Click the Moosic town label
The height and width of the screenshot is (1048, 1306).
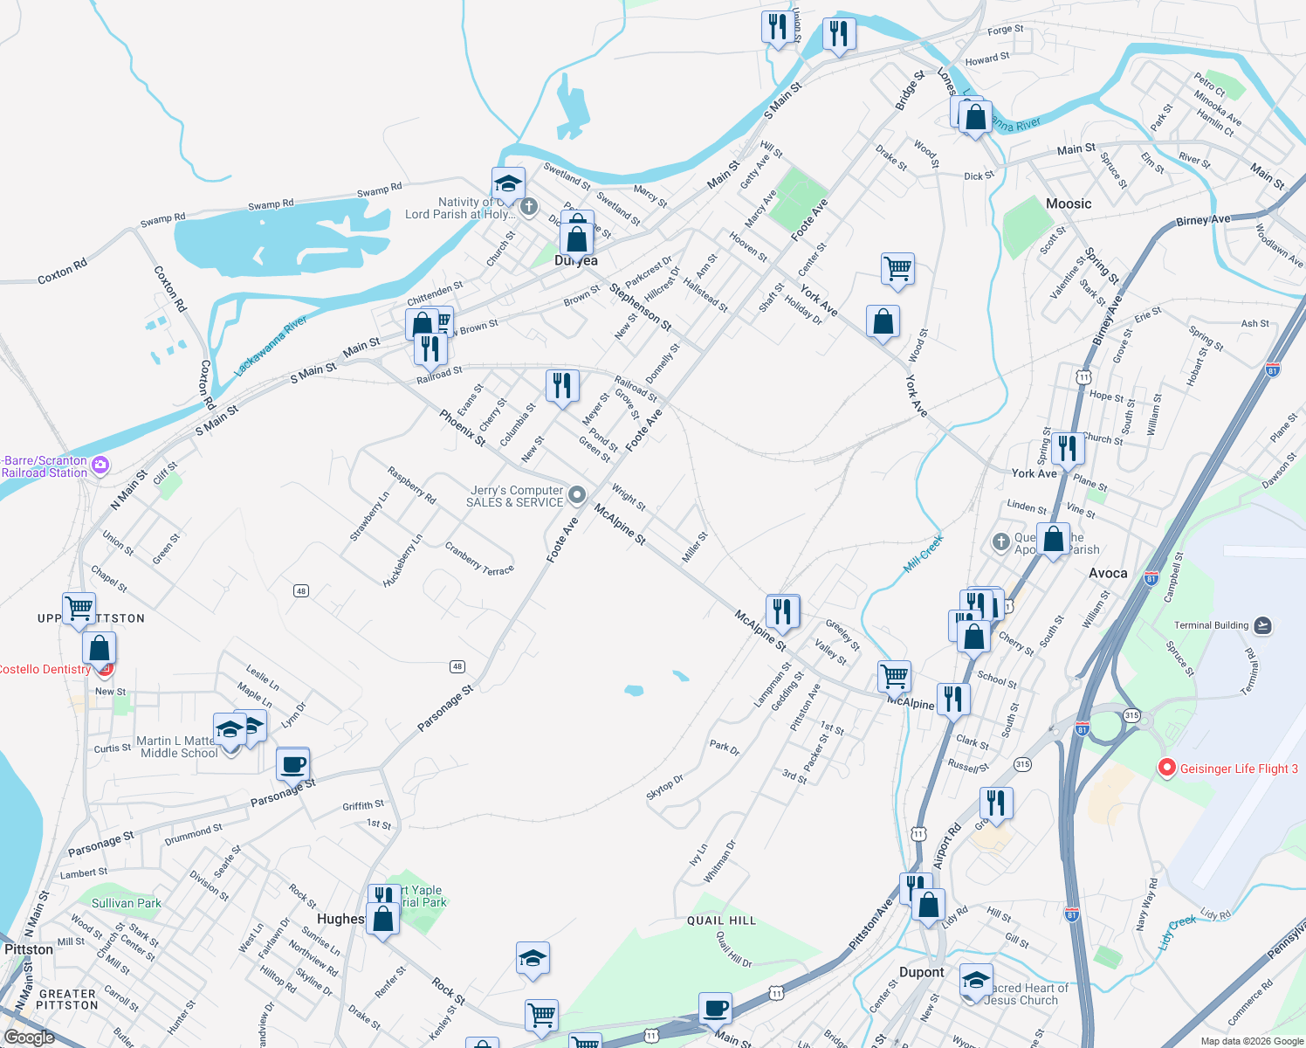tap(1069, 203)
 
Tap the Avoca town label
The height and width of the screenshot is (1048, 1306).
tap(1108, 573)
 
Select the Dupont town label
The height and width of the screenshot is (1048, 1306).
tap(921, 972)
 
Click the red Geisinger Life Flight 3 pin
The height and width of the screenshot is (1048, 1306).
tap(1166, 769)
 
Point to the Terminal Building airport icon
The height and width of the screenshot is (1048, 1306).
tap(1262, 625)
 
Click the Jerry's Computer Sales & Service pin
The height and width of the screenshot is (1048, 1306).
tap(576, 495)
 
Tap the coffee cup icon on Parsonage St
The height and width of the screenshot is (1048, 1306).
tap(293, 764)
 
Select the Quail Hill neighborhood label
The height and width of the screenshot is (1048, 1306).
tap(721, 920)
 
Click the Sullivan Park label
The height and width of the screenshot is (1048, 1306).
tap(127, 903)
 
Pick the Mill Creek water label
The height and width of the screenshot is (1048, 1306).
tap(923, 555)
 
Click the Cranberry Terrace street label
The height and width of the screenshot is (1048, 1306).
tap(479, 559)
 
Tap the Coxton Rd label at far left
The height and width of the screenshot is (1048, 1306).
tap(62, 272)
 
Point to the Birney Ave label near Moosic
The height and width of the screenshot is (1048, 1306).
tap(1203, 221)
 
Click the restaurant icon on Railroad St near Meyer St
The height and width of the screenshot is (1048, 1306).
tap(562, 385)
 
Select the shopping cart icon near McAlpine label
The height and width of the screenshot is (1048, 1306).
tap(894, 676)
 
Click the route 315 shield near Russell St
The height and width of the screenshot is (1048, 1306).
tap(1022, 764)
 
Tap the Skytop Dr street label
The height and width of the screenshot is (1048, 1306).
tap(664, 787)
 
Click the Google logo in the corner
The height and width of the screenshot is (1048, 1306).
tap(29, 1038)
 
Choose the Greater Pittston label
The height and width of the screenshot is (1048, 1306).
tap(67, 999)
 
